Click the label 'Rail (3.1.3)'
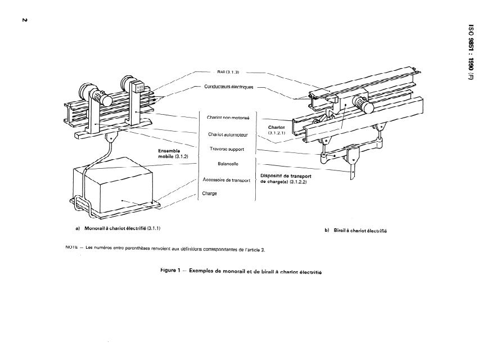(228, 73)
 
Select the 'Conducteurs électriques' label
(228, 87)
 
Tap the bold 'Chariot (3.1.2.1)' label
(277, 130)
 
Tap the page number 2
(25, 21)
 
